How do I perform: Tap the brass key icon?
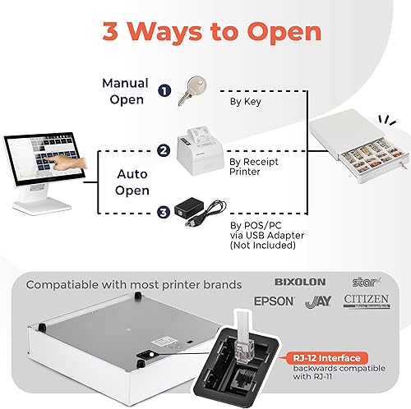(x=196, y=89)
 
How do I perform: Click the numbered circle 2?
(x=164, y=150)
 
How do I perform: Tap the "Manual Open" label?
(x=126, y=90)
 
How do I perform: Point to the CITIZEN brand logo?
(x=367, y=301)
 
